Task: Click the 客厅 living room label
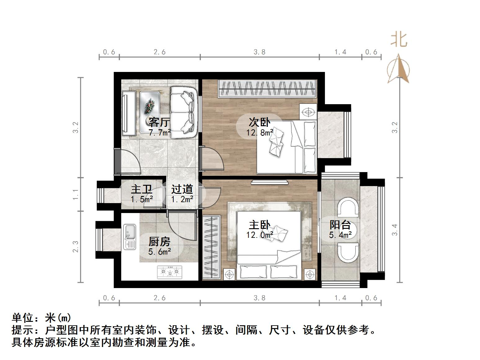pyautogui.click(x=159, y=122)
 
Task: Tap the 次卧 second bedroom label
pyautogui.click(x=259, y=122)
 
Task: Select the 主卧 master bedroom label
pyautogui.click(x=260, y=225)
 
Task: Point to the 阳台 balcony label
pyautogui.click(x=340, y=224)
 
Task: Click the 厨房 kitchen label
pyautogui.click(x=159, y=241)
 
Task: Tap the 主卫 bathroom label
pyautogui.click(x=141, y=189)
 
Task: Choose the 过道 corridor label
pyautogui.click(x=182, y=189)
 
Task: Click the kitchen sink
pyautogui.click(x=130, y=237)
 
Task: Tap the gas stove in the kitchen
pyautogui.click(x=170, y=272)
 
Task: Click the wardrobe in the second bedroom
pyautogui.click(x=267, y=88)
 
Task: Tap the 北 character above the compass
pyautogui.click(x=399, y=40)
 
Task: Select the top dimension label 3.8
pyautogui.click(x=260, y=52)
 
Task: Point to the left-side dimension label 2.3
pyautogui.click(x=75, y=247)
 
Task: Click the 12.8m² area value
pyautogui.click(x=260, y=133)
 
